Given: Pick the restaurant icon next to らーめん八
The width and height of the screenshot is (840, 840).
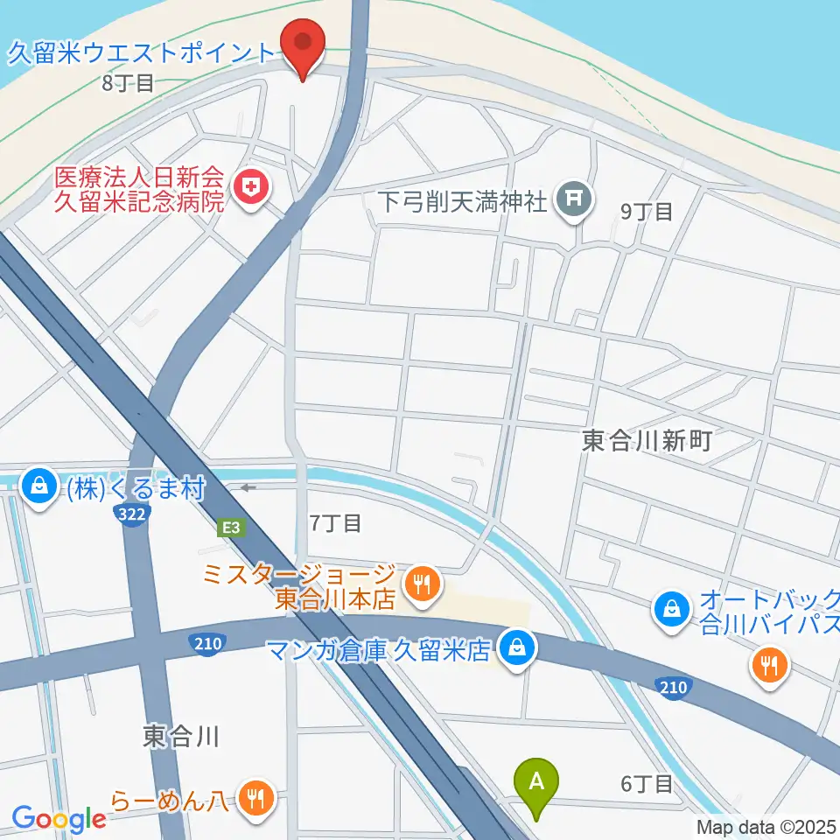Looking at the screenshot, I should click(x=255, y=799).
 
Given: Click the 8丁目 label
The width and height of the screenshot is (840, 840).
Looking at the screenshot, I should click(x=128, y=84).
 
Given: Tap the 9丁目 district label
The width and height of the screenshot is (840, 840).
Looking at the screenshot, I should click(x=646, y=211).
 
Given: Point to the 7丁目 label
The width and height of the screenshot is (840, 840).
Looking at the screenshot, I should click(x=335, y=523).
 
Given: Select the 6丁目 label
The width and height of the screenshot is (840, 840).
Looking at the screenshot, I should click(x=647, y=784).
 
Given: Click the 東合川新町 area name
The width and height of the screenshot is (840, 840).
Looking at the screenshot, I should click(x=647, y=441).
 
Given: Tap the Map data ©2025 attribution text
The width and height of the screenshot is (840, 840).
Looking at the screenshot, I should click(x=766, y=827).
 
